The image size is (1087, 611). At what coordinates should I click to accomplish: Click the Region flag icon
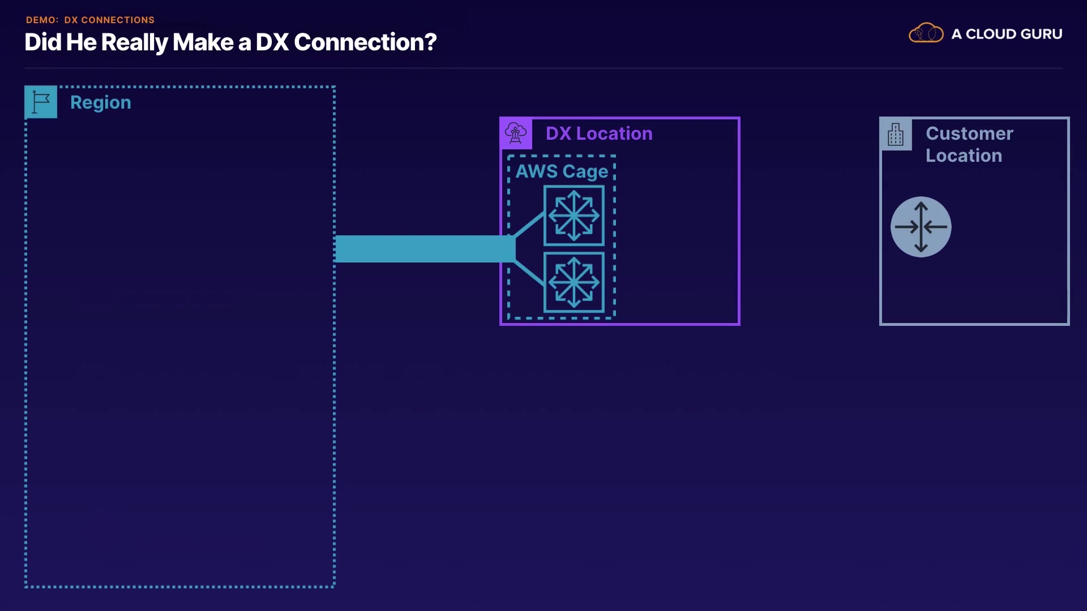41,102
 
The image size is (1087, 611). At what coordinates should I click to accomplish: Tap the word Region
101,103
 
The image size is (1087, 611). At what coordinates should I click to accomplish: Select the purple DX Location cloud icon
516,134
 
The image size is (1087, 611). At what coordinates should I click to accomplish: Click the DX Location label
599,134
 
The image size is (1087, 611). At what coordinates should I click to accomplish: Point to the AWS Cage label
562,171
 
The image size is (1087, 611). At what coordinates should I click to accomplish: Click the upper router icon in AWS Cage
574,216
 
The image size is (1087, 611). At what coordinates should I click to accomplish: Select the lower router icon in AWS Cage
574,282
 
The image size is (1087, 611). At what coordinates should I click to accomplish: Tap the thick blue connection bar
425,249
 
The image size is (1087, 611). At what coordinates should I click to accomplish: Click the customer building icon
896,135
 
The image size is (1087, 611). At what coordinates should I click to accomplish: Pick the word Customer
969,134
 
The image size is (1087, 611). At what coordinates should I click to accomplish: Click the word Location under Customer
964,156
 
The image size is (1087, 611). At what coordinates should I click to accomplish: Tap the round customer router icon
921,227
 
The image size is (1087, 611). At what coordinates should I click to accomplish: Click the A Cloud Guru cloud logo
926,33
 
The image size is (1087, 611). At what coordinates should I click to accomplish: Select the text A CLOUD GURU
1007,34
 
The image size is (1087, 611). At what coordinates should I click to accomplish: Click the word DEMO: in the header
42,20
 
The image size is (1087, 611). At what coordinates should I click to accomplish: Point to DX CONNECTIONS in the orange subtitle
109,20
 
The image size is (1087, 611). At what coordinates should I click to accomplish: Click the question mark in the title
430,42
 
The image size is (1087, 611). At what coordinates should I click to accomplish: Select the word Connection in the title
358,42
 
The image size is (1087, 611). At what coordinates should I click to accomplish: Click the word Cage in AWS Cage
585,172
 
